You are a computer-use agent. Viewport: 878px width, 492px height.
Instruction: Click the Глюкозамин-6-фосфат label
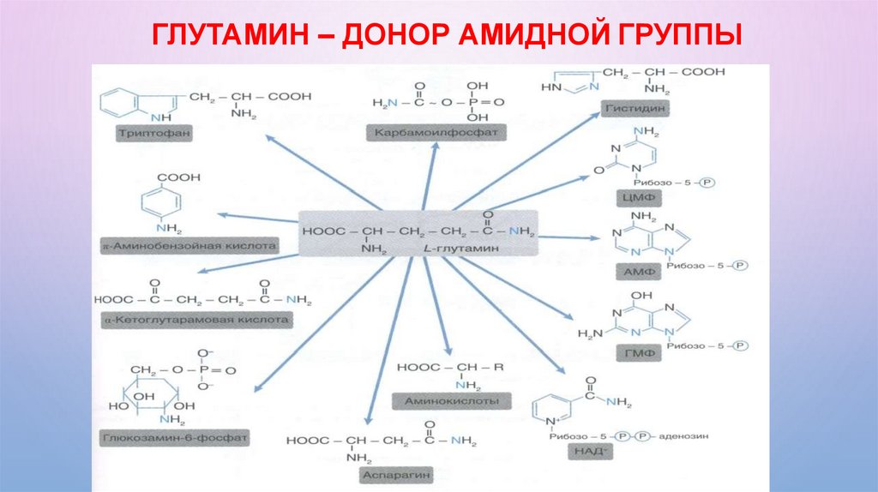pos(175,437)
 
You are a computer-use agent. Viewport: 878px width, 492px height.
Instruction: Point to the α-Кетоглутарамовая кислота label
pos(196,320)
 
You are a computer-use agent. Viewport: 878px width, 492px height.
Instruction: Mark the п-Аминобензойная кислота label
pos(189,246)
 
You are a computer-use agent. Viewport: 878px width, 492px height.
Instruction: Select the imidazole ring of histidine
pos(570,84)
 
